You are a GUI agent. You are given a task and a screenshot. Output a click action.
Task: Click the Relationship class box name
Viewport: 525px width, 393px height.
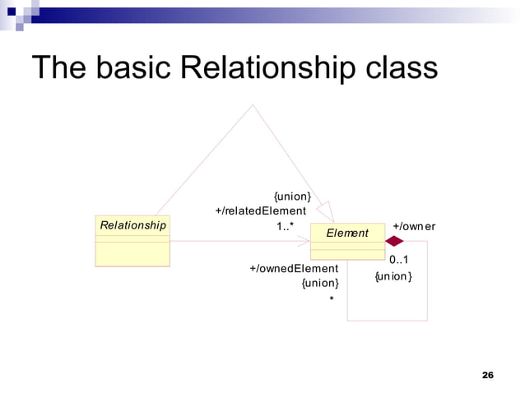tap(132, 224)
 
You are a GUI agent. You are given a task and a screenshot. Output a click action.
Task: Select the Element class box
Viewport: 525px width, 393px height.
tap(347, 240)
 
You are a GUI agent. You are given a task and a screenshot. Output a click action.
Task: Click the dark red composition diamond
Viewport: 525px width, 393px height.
tap(395, 241)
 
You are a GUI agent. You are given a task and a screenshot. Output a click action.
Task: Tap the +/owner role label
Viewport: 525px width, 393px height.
tap(414, 226)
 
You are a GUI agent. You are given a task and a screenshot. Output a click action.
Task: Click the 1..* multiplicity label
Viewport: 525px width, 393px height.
tap(286, 226)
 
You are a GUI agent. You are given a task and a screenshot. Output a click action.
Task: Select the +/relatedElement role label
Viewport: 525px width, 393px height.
tap(260, 211)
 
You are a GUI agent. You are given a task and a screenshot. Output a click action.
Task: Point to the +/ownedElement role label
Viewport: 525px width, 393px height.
tap(294, 269)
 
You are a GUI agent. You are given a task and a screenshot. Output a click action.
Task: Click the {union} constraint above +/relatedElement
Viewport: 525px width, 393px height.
tap(292, 196)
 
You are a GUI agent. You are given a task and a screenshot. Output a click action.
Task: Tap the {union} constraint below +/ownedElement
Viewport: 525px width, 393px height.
tap(320, 284)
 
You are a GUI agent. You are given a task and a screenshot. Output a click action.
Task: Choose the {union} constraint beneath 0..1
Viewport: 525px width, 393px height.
tap(393, 276)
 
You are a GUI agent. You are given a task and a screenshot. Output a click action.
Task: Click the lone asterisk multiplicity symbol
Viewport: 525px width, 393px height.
tap(332, 299)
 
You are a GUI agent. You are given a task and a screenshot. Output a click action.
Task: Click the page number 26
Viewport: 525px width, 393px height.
tap(487, 375)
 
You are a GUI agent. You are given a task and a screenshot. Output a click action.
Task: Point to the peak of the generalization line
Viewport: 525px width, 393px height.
tap(253, 104)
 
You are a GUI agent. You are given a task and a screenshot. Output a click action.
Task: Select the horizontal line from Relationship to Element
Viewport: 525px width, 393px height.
tap(239, 241)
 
